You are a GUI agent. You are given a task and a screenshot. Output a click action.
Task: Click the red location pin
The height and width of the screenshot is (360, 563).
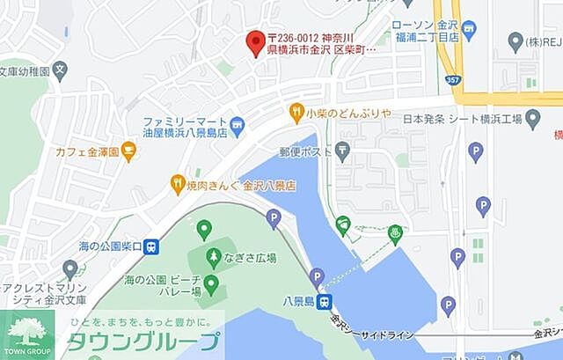(x=255, y=41)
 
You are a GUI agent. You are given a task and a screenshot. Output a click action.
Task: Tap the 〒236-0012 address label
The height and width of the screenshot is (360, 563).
(x=322, y=43)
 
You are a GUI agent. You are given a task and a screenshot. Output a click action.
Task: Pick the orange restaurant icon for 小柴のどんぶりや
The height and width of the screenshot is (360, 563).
(x=296, y=112)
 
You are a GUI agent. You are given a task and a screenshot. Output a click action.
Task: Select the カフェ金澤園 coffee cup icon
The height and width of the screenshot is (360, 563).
(x=129, y=152)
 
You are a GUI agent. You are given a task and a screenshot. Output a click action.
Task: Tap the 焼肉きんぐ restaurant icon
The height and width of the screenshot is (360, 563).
(x=178, y=186)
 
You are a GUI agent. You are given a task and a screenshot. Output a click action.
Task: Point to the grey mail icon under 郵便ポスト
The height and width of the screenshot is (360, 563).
(x=342, y=152)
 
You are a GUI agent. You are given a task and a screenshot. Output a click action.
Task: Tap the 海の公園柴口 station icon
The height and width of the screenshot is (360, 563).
(x=151, y=247)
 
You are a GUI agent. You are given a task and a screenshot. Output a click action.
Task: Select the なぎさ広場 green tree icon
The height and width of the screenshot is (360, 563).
(x=214, y=258)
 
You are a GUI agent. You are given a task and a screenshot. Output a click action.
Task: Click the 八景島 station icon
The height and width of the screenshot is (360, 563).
(x=325, y=302)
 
